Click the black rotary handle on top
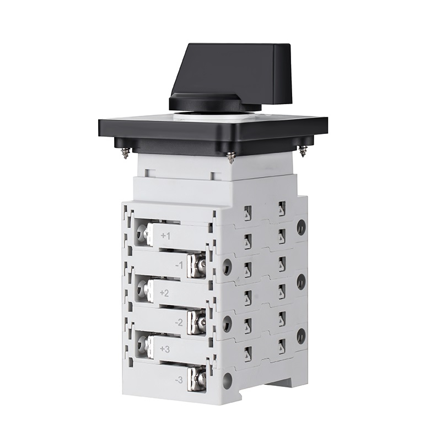[x=230, y=76]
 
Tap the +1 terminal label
[x=165, y=236]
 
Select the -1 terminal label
[x=179, y=265]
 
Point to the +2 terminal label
[x=164, y=293]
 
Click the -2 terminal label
[x=179, y=322]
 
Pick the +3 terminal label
[x=165, y=349]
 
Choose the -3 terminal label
[x=179, y=380]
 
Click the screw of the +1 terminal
[x=144, y=233]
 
